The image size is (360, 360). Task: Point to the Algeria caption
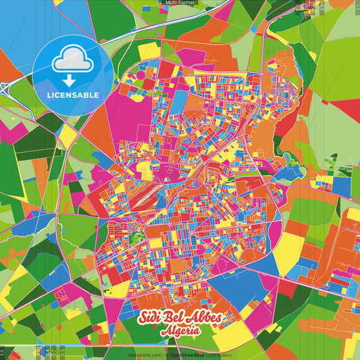[x=180, y=332]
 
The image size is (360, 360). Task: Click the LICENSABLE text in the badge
[x=73, y=94]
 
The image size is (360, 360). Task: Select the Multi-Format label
[x=180, y=3]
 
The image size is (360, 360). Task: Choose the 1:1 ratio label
[x=3, y=352]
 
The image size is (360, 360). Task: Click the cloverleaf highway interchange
[x=8, y=86]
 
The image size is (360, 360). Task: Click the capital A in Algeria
[x=164, y=332]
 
